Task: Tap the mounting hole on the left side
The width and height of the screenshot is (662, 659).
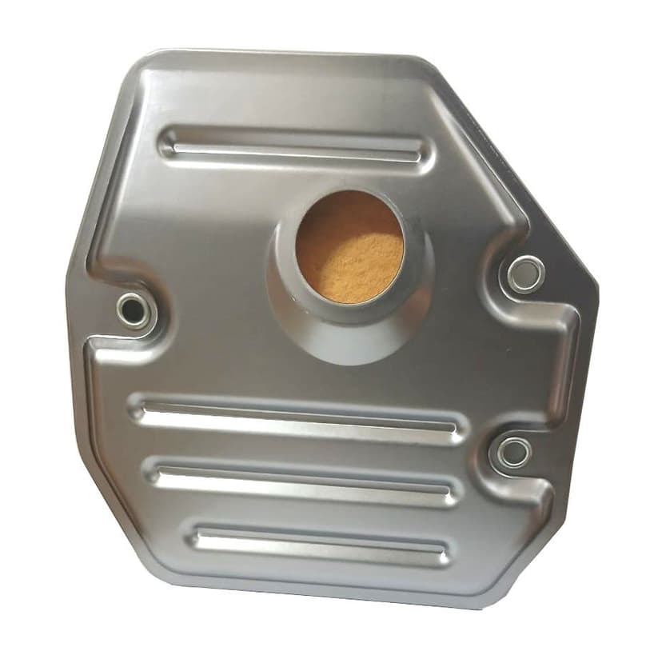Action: [133, 308]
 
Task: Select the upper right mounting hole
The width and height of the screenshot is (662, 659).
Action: [524, 274]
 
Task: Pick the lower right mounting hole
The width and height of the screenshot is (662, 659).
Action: [512, 452]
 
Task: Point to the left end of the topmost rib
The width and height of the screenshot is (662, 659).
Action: [170, 144]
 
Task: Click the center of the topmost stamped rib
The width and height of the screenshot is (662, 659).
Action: [296, 148]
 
